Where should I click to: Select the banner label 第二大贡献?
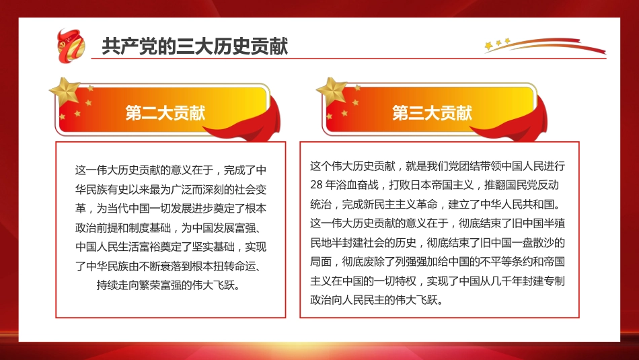pos(165,112)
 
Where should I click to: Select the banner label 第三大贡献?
pos(433,112)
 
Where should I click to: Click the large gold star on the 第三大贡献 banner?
pos(332,92)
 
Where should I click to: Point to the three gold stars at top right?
pos(498,44)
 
